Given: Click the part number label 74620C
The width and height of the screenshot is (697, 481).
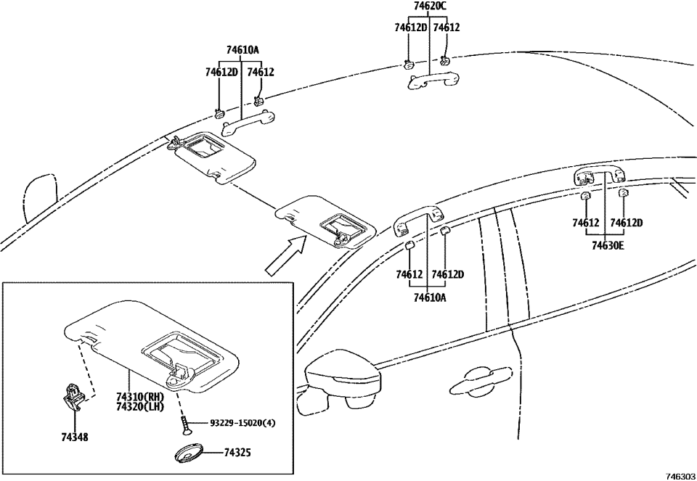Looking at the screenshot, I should point(430,7).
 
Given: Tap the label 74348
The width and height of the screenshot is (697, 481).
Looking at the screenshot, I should point(74,438).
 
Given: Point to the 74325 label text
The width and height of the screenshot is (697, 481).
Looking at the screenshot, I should point(238,453).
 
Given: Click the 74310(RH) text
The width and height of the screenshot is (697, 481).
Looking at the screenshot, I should point(140,397).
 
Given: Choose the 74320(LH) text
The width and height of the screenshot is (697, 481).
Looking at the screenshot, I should point(140,408).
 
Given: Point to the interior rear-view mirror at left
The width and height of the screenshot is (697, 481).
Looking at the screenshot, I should point(39,196).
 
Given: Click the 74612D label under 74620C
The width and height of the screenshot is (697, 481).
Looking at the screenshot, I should point(410,28).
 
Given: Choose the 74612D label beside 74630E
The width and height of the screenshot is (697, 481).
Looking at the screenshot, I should point(627,223).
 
